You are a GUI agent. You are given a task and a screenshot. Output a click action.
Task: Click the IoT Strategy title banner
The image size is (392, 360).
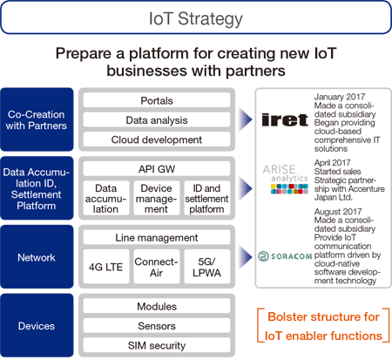pyautogui.click(x=196, y=17)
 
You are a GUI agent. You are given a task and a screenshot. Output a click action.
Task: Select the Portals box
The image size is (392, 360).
pyautogui.click(x=157, y=100)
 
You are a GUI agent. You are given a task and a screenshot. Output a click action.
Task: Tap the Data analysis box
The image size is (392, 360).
pyautogui.click(x=157, y=120)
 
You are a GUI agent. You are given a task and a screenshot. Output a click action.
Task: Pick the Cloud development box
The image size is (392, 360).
pyautogui.click(x=157, y=139)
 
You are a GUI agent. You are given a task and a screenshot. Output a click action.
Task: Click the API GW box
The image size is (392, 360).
pyautogui.click(x=157, y=169)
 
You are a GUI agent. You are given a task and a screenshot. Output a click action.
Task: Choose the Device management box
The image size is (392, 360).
pyautogui.click(x=157, y=198)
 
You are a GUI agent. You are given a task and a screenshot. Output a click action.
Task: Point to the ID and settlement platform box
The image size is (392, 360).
pyautogui.click(x=207, y=198)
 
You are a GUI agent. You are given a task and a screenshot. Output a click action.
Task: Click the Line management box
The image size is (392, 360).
pyautogui.click(x=157, y=237)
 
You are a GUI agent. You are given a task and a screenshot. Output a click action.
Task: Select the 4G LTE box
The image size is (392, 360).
pyautogui.click(x=106, y=267)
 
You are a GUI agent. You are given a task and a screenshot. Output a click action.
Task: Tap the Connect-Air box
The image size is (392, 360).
pyautogui.click(x=157, y=267)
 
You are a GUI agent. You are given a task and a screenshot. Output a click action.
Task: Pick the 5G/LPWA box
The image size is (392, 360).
pyautogui.click(x=207, y=267)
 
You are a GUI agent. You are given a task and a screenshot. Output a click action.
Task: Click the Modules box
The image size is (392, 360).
pyautogui.click(x=157, y=306)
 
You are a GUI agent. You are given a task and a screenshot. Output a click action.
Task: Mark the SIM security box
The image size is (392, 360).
pyautogui.click(x=157, y=345)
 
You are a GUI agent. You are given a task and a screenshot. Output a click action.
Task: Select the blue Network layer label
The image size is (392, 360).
pyautogui.click(x=37, y=257)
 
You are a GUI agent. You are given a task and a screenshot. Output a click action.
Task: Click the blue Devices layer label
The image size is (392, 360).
pyautogui.click(x=37, y=325)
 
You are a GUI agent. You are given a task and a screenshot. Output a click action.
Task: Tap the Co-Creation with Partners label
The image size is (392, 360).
pyautogui.click(x=37, y=119)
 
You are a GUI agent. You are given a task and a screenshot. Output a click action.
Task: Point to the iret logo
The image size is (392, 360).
pyautogui.click(x=285, y=119)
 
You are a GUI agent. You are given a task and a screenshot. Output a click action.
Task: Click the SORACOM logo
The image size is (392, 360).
pyautogui.click(x=285, y=256)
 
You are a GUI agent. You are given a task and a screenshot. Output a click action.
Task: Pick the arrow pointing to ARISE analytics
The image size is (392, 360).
pyautogui.click(x=246, y=188)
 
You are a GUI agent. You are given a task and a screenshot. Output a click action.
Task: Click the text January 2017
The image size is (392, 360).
pyautogui.click(x=340, y=97)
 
